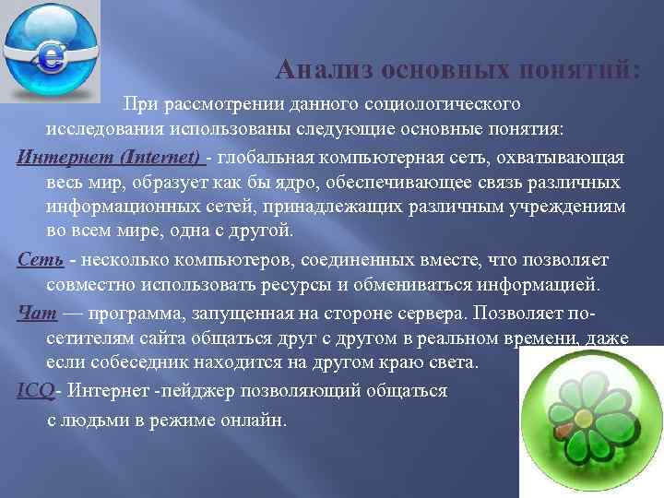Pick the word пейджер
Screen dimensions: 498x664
pyautogui.click(x=200, y=390)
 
